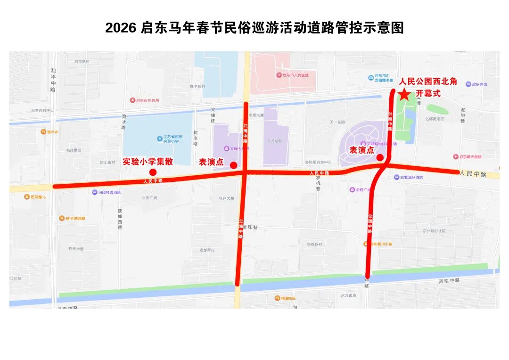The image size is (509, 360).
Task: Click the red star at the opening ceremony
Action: click(x=404, y=95)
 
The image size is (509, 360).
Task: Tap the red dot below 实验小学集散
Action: click(x=153, y=172)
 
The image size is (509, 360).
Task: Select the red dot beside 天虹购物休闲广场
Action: click(x=380, y=157)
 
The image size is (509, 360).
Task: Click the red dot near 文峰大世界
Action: click(x=233, y=165)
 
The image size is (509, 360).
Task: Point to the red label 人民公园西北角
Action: click(x=428, y=82)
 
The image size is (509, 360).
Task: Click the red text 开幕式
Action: click(x=428, y=93)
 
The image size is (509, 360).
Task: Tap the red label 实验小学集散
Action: click(x=148, y=162)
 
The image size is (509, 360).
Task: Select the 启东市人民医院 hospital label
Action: click(x=292, y=75)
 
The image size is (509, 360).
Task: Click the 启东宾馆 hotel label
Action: click(x=479, y=84)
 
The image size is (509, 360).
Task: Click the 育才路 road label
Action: click(x=124, y=122)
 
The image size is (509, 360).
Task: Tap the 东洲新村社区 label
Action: click(x=434, y=231)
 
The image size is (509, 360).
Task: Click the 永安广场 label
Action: click(x=149, y=198)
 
